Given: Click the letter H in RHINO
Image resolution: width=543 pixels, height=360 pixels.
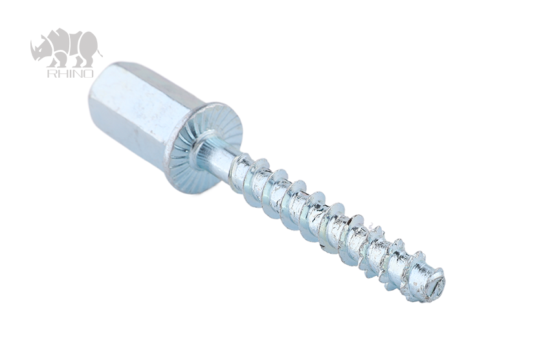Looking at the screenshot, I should [61, 73].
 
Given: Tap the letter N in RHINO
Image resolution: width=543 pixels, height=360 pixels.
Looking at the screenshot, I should [78, 73].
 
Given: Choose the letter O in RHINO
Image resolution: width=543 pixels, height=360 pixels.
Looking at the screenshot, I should [89, 73].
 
